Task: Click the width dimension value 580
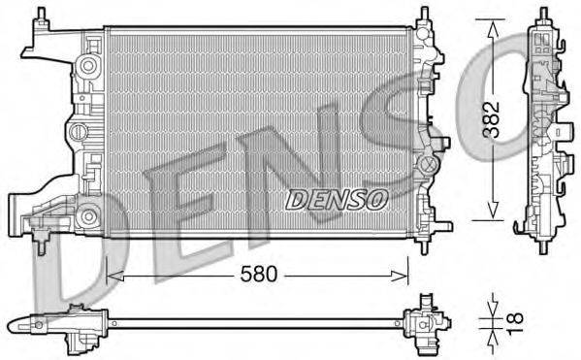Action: [256, 276]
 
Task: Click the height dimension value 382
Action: [494, 119]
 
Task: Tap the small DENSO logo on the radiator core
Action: [337, 198]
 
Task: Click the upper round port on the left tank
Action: [89, 65]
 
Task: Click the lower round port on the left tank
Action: [89, 215]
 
